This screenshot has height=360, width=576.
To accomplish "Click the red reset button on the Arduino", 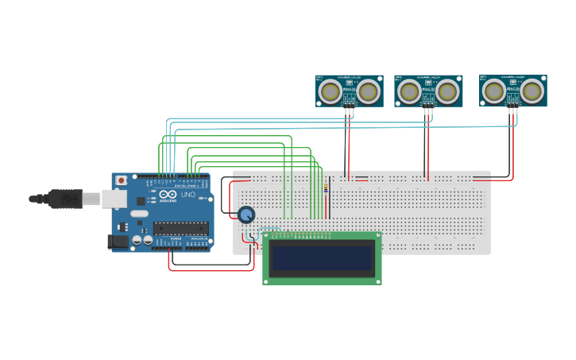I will tap(122, 181).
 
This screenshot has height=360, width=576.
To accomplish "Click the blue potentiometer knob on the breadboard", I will tap(246, 215).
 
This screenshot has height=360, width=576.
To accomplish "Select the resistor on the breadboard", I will tap(326, 188).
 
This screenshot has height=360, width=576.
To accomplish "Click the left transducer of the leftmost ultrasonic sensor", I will tap(331, 92).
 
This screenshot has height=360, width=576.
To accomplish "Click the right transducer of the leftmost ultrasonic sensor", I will tap(368, 92).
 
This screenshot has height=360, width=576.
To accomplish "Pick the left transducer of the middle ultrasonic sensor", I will tap(409, 91).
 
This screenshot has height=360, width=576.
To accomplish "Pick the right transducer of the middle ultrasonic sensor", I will tap(447, 91).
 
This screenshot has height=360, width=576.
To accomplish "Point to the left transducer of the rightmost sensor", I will tap(494, 91).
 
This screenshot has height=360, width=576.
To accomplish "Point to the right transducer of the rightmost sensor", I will tap(532, 91).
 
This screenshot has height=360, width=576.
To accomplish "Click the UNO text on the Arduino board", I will tap(188, 195).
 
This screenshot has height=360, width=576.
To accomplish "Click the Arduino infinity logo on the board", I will tap(168, 195).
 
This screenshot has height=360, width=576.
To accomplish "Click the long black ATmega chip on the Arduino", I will tap(181, 228).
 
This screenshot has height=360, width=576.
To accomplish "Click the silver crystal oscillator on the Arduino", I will tap(139, 213).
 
